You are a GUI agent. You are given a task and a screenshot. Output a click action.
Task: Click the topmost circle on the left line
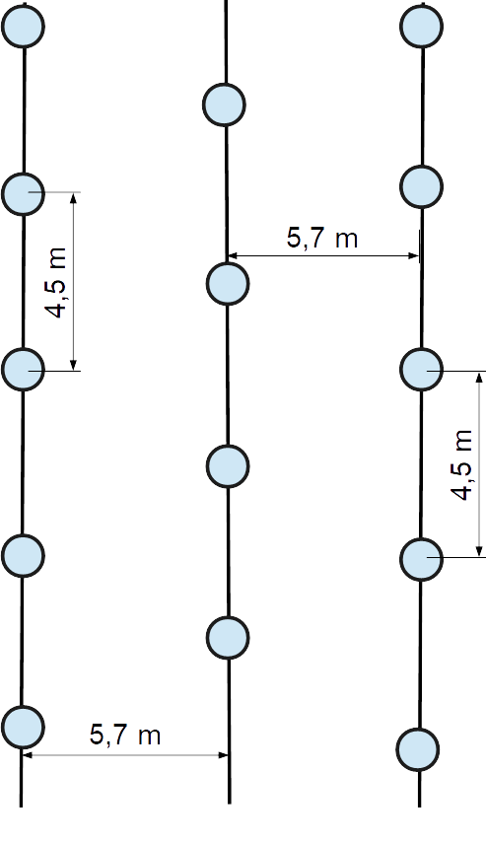(23, 27)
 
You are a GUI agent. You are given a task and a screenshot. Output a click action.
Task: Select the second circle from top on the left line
(23, 194)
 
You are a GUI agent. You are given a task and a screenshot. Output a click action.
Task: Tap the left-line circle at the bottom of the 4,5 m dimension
(23, 369)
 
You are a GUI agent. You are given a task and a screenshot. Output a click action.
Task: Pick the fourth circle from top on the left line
(23, 556)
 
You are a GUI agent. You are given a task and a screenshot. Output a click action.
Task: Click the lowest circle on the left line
(23, 727)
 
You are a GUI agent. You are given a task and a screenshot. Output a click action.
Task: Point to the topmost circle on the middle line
(225, 105)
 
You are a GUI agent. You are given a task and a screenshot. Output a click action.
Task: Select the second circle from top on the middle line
(228, 284)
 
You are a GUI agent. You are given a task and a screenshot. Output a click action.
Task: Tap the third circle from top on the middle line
(228, 466)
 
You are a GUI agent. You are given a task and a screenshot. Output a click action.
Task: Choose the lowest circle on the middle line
(228, 638)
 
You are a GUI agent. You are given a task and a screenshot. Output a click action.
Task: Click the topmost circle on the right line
(422, 26)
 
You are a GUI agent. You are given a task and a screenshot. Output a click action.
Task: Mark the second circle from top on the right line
(422, 187)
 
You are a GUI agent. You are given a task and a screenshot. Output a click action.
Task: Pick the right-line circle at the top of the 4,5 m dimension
(422, 370)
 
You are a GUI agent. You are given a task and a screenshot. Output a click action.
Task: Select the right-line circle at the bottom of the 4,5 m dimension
(422, 560)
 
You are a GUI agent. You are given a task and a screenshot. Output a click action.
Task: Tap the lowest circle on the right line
(418, 749)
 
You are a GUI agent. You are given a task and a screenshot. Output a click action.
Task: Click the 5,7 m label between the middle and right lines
(322, 238)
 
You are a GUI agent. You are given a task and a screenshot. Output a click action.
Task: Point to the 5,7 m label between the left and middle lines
(125, 735)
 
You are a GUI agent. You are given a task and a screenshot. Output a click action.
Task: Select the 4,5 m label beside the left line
(56, 282)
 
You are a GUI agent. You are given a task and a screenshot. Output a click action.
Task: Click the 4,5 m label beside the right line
(461, 465)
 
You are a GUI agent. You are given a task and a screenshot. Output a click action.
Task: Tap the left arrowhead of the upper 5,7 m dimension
(233, 256)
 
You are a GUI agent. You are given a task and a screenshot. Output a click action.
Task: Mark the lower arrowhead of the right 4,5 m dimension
(479, 552)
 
